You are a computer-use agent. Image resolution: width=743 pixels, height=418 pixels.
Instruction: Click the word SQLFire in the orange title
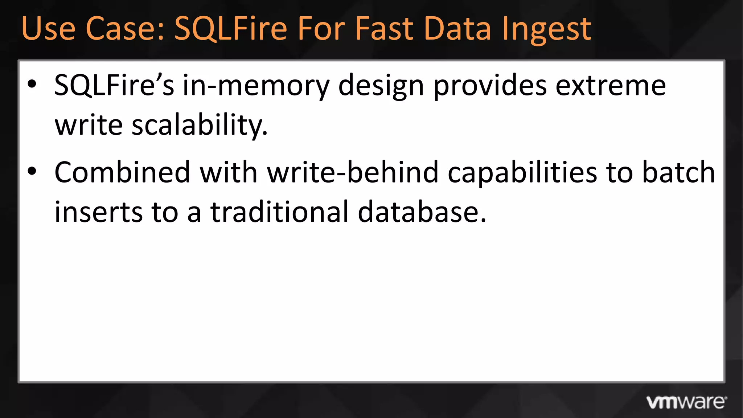click(x=231, y=29)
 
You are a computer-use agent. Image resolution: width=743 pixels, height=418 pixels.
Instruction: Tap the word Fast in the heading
click(x=384, y=29)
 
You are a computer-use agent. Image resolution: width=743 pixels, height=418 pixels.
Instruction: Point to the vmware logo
click(x=686, y=402)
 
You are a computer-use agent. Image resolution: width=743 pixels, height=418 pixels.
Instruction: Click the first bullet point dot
click(x=32, y=84)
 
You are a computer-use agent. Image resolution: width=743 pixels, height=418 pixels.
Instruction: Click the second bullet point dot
click(x=32, y=171)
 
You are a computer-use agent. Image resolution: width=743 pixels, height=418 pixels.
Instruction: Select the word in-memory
click(x=256, y=86)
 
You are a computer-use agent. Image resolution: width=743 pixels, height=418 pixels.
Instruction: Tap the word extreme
click(x=611, y=86)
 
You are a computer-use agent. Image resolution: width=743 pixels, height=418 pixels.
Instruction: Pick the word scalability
click(x=200, y=125)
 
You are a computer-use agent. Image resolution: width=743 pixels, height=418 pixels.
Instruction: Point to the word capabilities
click(x=522, y=173)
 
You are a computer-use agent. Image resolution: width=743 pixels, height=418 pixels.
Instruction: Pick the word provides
click(x=490, y=86)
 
